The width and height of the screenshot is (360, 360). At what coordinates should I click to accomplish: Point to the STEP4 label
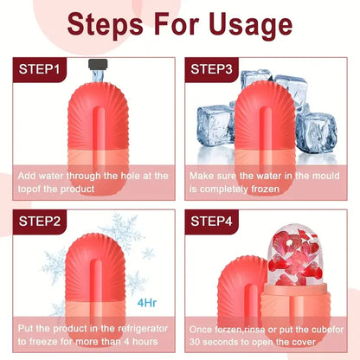218,221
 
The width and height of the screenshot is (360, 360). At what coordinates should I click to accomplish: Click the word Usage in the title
238,23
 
